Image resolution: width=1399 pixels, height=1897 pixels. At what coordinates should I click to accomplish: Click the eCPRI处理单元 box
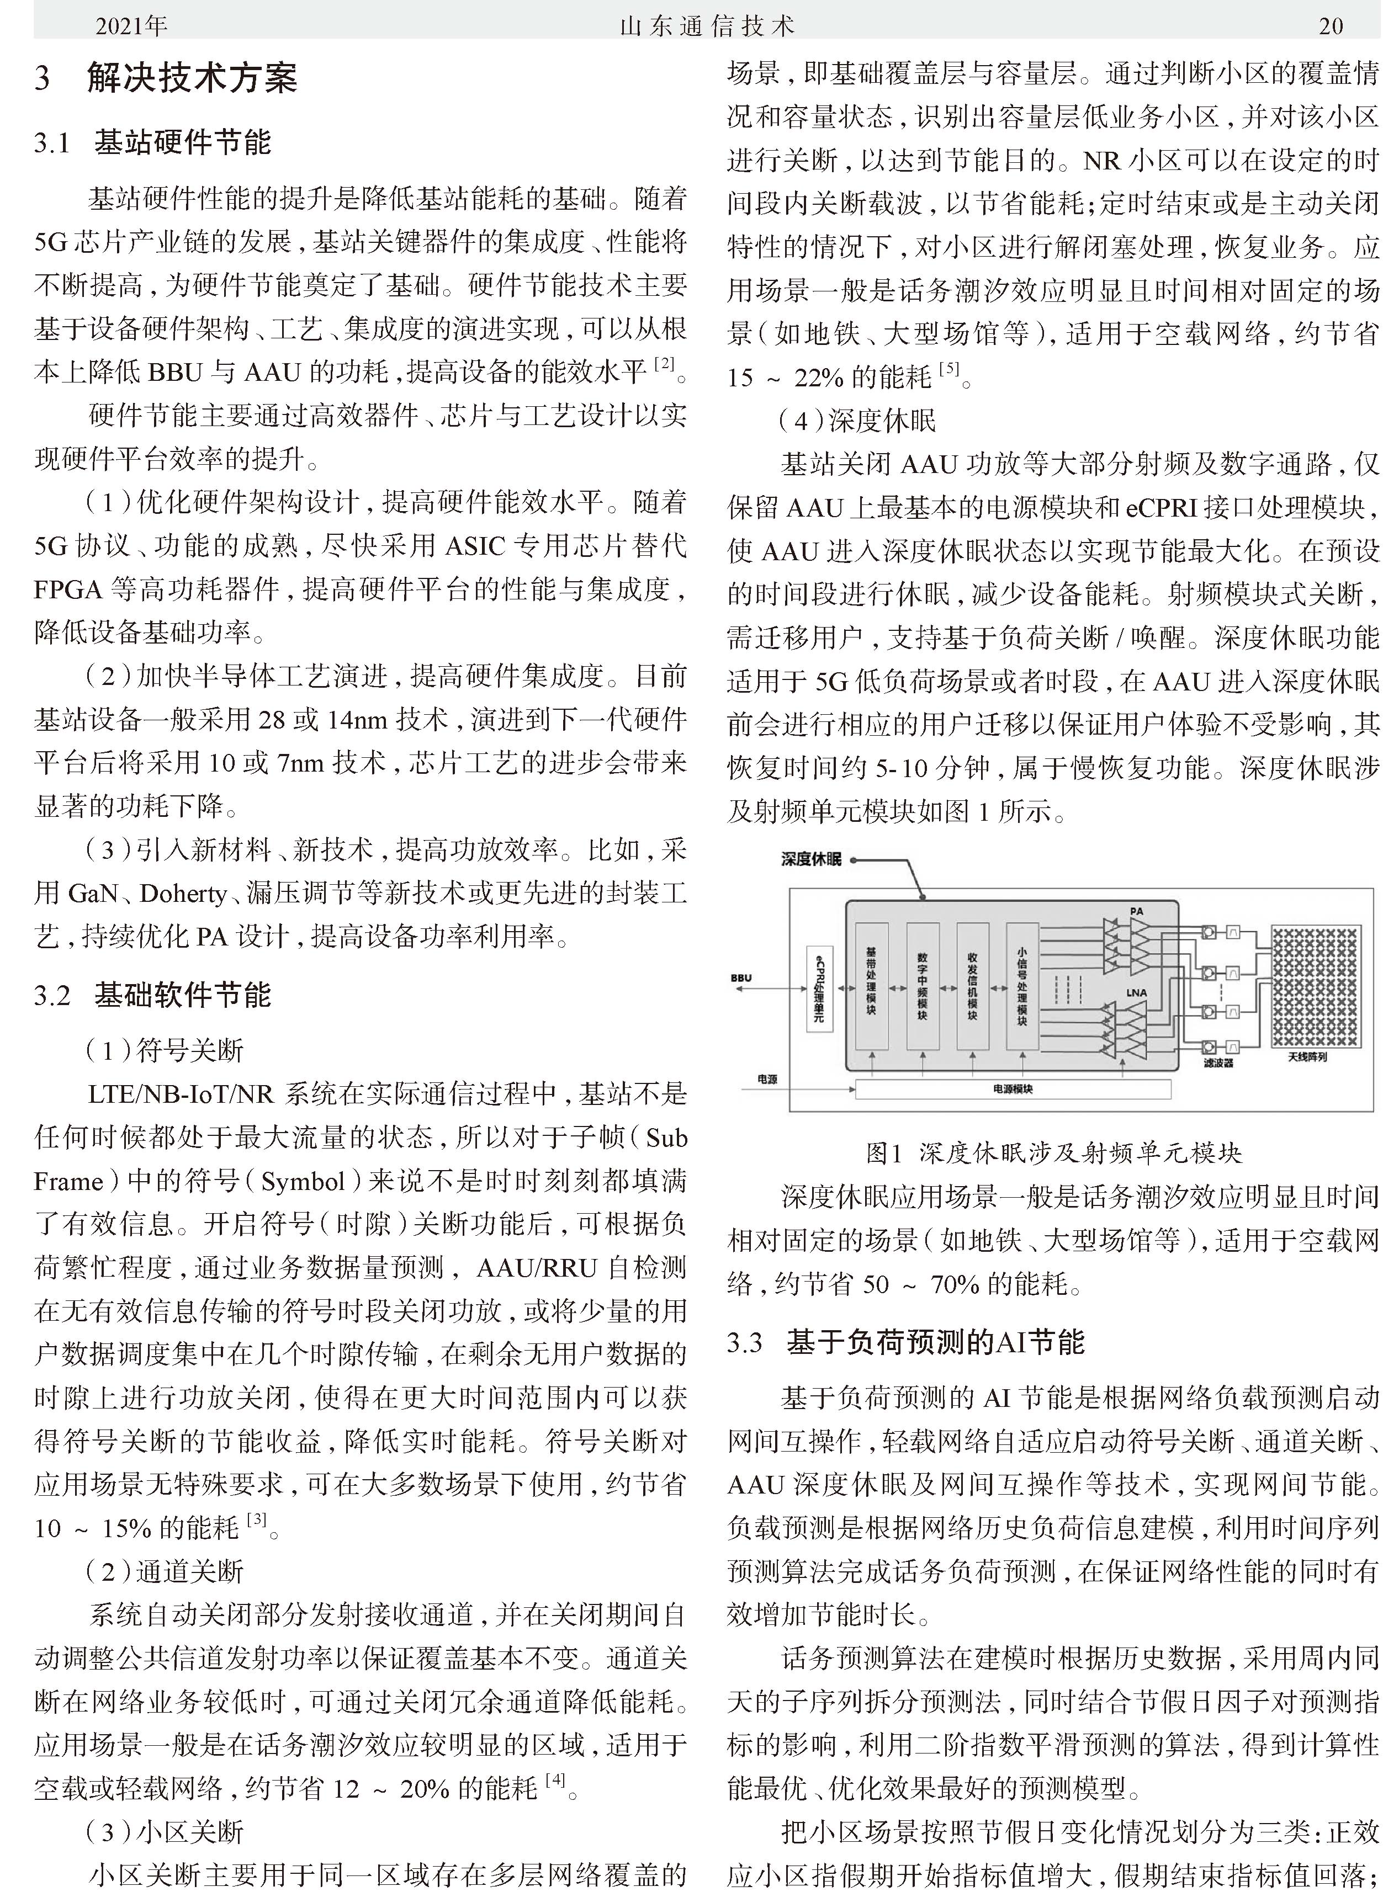pos(819,987)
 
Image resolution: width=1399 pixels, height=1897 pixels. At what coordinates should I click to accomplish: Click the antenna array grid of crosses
pos(1315,986)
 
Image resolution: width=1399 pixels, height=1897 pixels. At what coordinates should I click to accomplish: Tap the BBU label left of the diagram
pos(741,977)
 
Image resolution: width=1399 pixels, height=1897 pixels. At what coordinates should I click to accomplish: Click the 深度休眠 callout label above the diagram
pos(811,860)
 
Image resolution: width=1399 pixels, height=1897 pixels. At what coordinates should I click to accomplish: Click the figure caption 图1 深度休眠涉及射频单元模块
pos(1053,1153)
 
